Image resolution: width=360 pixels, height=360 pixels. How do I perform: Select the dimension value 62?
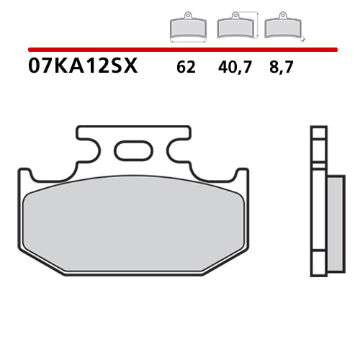coord(185,68)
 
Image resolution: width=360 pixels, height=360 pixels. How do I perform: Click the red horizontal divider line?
coord(180,50)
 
